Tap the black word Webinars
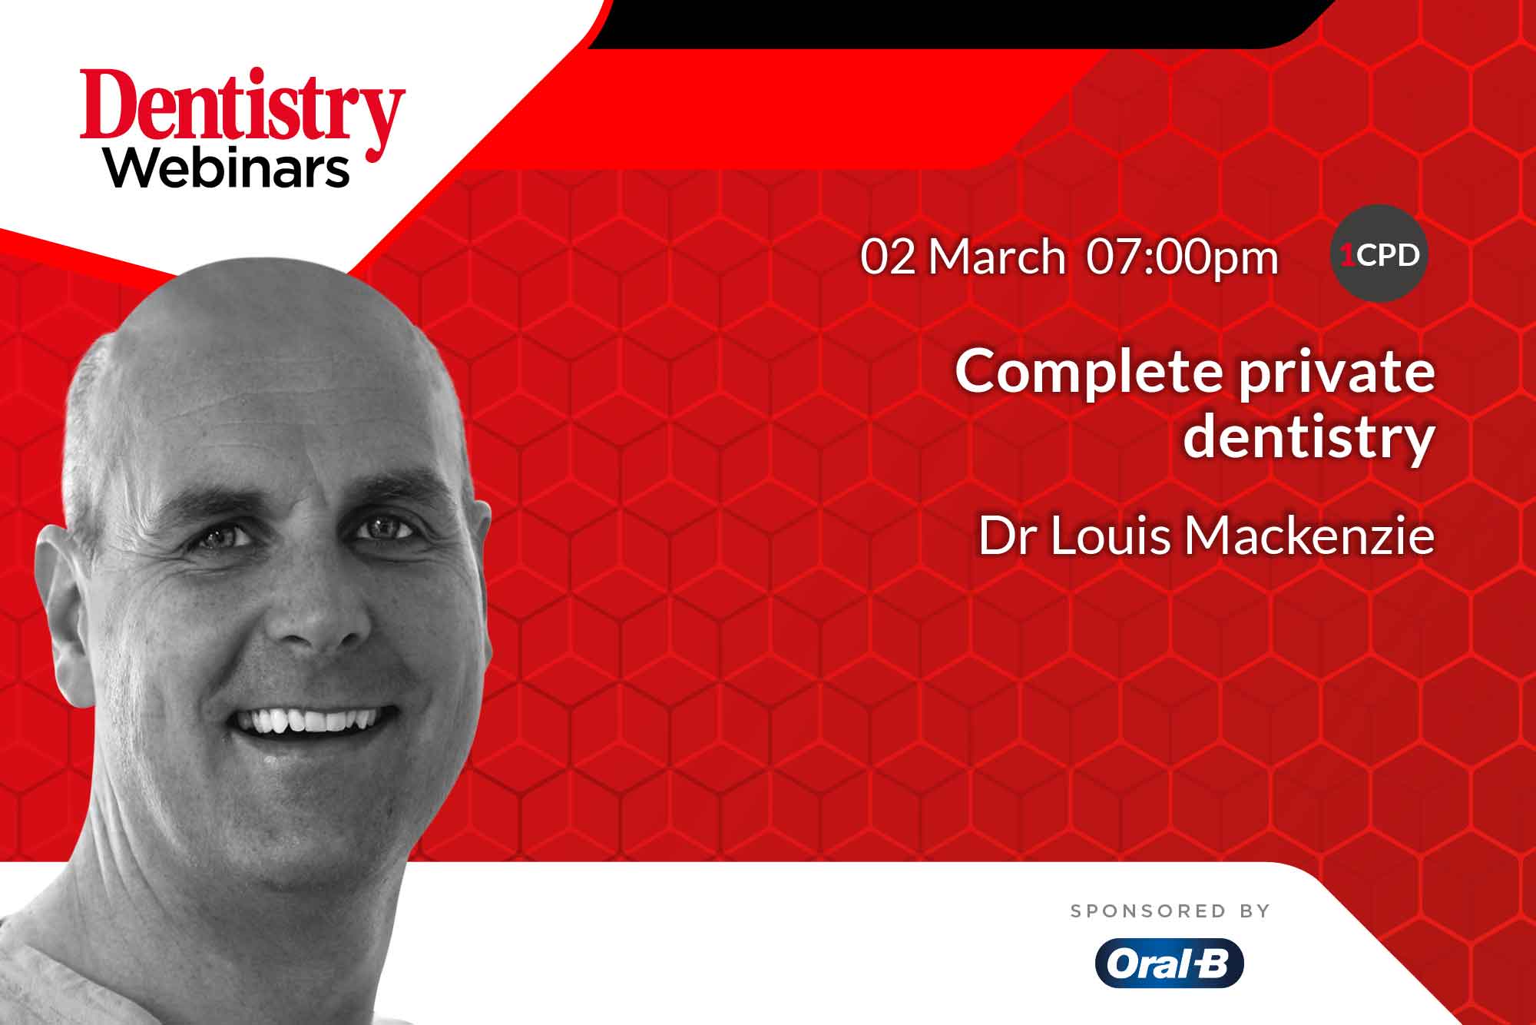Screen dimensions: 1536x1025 tap(228, 168)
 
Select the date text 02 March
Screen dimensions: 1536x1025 tap(962, 257)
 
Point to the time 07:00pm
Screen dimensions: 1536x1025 tap(1183, 258)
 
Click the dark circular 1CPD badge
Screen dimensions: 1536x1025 tap(1379, 254)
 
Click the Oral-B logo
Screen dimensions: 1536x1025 tap(1169, 963)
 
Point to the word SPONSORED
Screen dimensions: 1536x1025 tap(1148, 911)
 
